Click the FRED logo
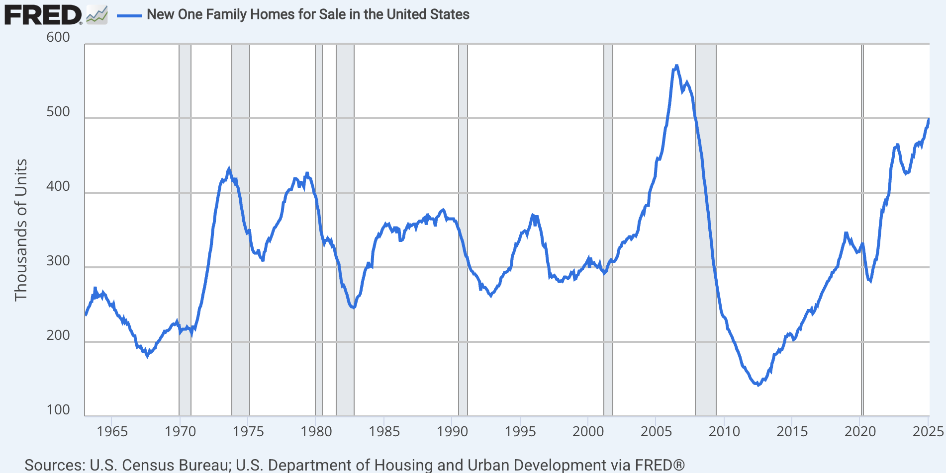[43, 15]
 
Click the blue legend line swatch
[129, 15]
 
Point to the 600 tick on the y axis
[58, 37]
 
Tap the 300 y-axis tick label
[58, 261]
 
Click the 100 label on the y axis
[58, 410]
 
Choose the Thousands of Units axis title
[20, 230]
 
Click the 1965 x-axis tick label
[112, 431]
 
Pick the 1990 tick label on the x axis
[452, 431]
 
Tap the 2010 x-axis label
[724, 431]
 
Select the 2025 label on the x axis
[928, 431]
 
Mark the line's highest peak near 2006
[676, 66]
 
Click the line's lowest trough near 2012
[758, 385]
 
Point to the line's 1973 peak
[229, 169]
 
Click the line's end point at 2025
[929, 119]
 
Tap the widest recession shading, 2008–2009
[705, 229]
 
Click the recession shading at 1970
[185, 229]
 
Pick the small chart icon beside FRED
[97, 15]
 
